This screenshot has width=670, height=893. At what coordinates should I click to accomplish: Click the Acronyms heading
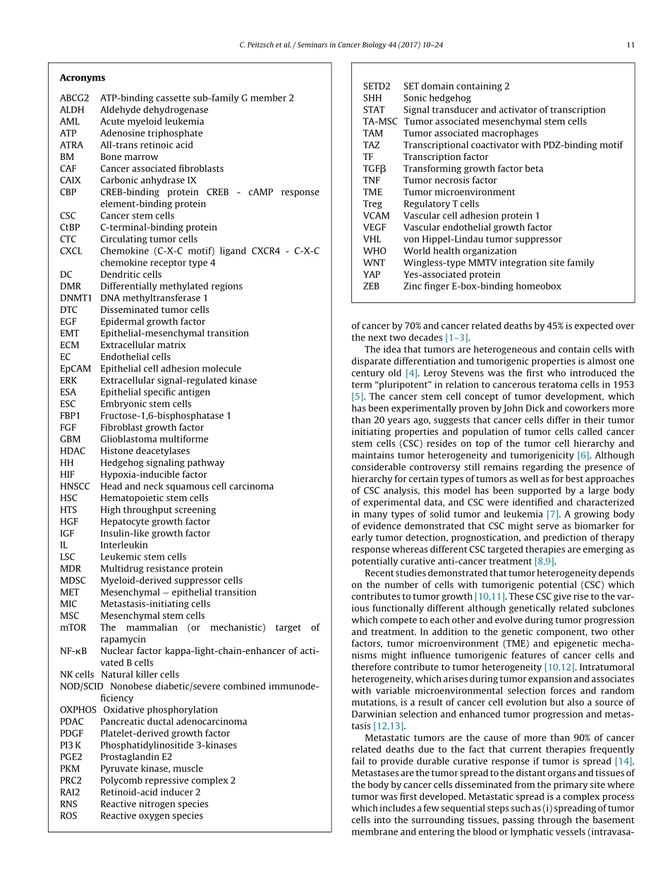(x=82, y=78)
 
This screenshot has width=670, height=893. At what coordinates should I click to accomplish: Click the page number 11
(x=630, y=45)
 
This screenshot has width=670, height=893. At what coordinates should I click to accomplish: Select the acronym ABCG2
(x=74, y=98)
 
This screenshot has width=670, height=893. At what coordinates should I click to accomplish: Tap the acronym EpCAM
(x=75, y=369)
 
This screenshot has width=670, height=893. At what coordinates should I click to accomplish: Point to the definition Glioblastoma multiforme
(x=154, y=439)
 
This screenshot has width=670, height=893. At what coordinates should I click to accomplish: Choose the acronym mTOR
(x=73, y=627)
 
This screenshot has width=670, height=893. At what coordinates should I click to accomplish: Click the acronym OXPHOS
(x=78, y=710)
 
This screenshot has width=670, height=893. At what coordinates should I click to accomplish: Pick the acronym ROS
(x=68, y=815)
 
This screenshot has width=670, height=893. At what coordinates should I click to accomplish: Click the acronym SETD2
(x=377, y=86)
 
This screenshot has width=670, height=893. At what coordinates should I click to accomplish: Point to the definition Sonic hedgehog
(x=437, y=98)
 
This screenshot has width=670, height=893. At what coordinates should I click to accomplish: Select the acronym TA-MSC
(x=380, y=121)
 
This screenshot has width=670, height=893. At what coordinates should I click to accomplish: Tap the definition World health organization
(x=459, y=251)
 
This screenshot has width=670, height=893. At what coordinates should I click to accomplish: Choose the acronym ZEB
(x=371, y=286)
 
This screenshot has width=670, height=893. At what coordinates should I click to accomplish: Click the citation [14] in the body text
(x=623, y=761)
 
